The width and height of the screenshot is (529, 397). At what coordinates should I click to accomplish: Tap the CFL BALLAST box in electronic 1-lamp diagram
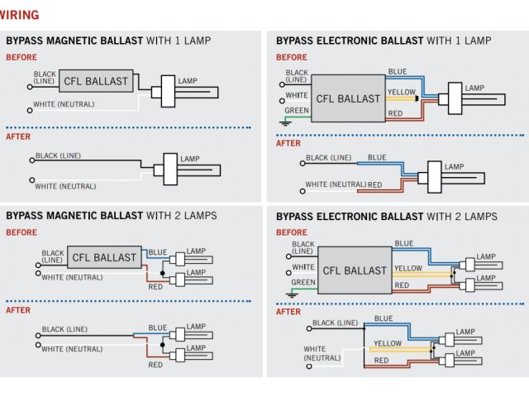[x=348, y=98]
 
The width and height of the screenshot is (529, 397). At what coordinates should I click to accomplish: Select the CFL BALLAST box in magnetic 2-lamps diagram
[x=104, y=257]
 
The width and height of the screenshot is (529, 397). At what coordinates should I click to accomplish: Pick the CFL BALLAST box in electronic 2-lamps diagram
[x=355, y=270]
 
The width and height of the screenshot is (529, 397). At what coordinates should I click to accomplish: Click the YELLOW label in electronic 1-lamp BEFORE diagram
[x=402, y=91]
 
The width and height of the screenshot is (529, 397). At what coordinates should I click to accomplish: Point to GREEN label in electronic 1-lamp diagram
[x=297, y=111]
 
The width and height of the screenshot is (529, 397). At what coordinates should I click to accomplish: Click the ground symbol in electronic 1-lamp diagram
[x=284, y=122]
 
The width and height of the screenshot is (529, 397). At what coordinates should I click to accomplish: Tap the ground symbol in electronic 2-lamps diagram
[x=291, y=293]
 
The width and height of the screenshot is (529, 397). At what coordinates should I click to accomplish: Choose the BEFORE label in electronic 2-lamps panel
[x=291, y=233]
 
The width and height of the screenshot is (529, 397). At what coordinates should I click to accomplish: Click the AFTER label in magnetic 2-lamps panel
[x=18, y=310]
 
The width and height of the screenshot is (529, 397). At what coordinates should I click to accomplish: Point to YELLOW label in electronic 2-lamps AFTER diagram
[x=388, y=343]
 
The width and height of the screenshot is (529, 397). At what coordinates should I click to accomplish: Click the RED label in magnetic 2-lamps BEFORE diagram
[x=156, y=286]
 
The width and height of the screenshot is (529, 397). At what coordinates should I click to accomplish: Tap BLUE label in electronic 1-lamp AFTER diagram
[x=377, y=157]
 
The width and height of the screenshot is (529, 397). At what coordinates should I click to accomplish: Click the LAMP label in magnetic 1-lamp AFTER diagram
[x=190, y=158]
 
